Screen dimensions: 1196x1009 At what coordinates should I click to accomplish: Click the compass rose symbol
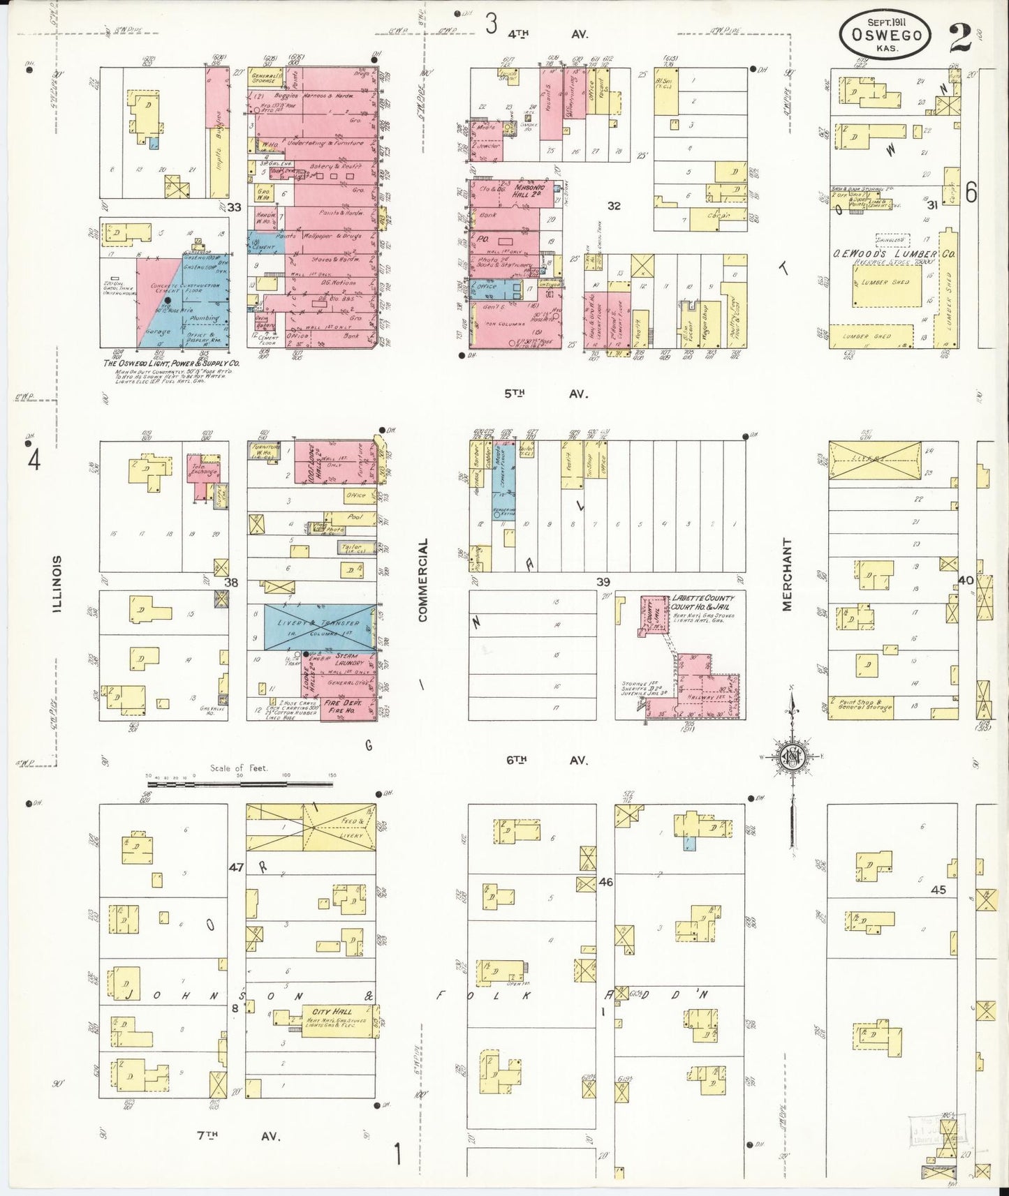tap(793, 756)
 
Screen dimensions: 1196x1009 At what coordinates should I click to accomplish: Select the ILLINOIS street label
tap(59, 584)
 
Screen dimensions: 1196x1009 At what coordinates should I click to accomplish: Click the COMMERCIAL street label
tap(422, 579)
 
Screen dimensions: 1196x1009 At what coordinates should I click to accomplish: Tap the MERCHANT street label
tap(787, 574)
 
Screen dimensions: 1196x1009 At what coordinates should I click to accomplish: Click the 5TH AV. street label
tap(545, 394)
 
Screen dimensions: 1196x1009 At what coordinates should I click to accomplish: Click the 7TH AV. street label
tap(237, 1136)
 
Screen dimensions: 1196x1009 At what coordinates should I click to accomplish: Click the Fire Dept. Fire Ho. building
tap(347, 705)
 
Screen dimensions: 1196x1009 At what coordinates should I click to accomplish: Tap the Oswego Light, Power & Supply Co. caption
tap(171, 364)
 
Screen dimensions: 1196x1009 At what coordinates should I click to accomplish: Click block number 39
tap(602, 582)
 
